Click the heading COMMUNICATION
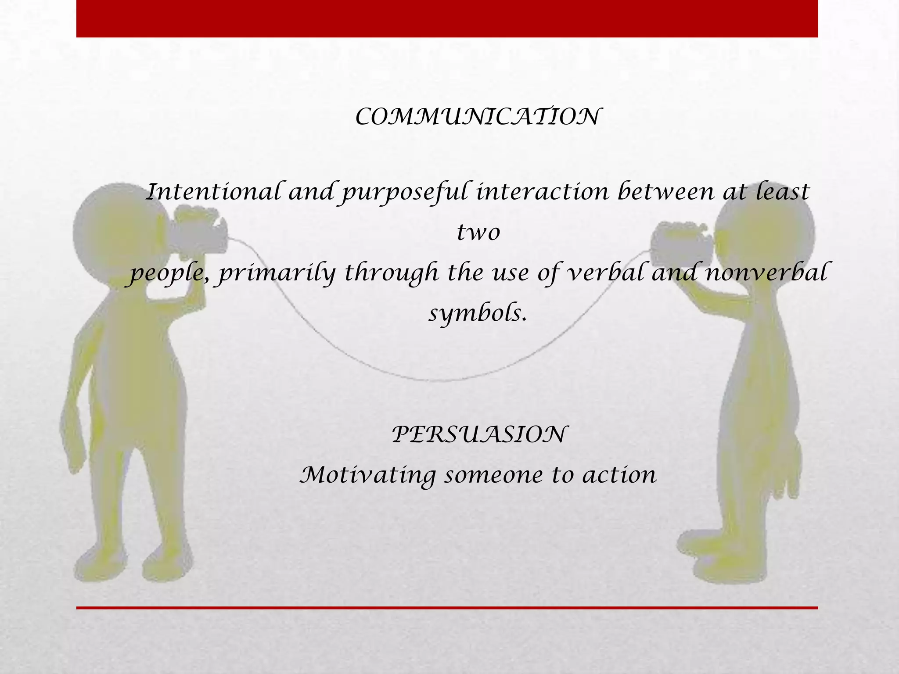click(478, 117)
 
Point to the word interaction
click(543, 192)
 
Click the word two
click(478, 232)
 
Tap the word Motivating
click(368, 475)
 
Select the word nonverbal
click(766, 272)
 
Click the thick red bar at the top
click(447, 18)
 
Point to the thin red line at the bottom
click(447, 608)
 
